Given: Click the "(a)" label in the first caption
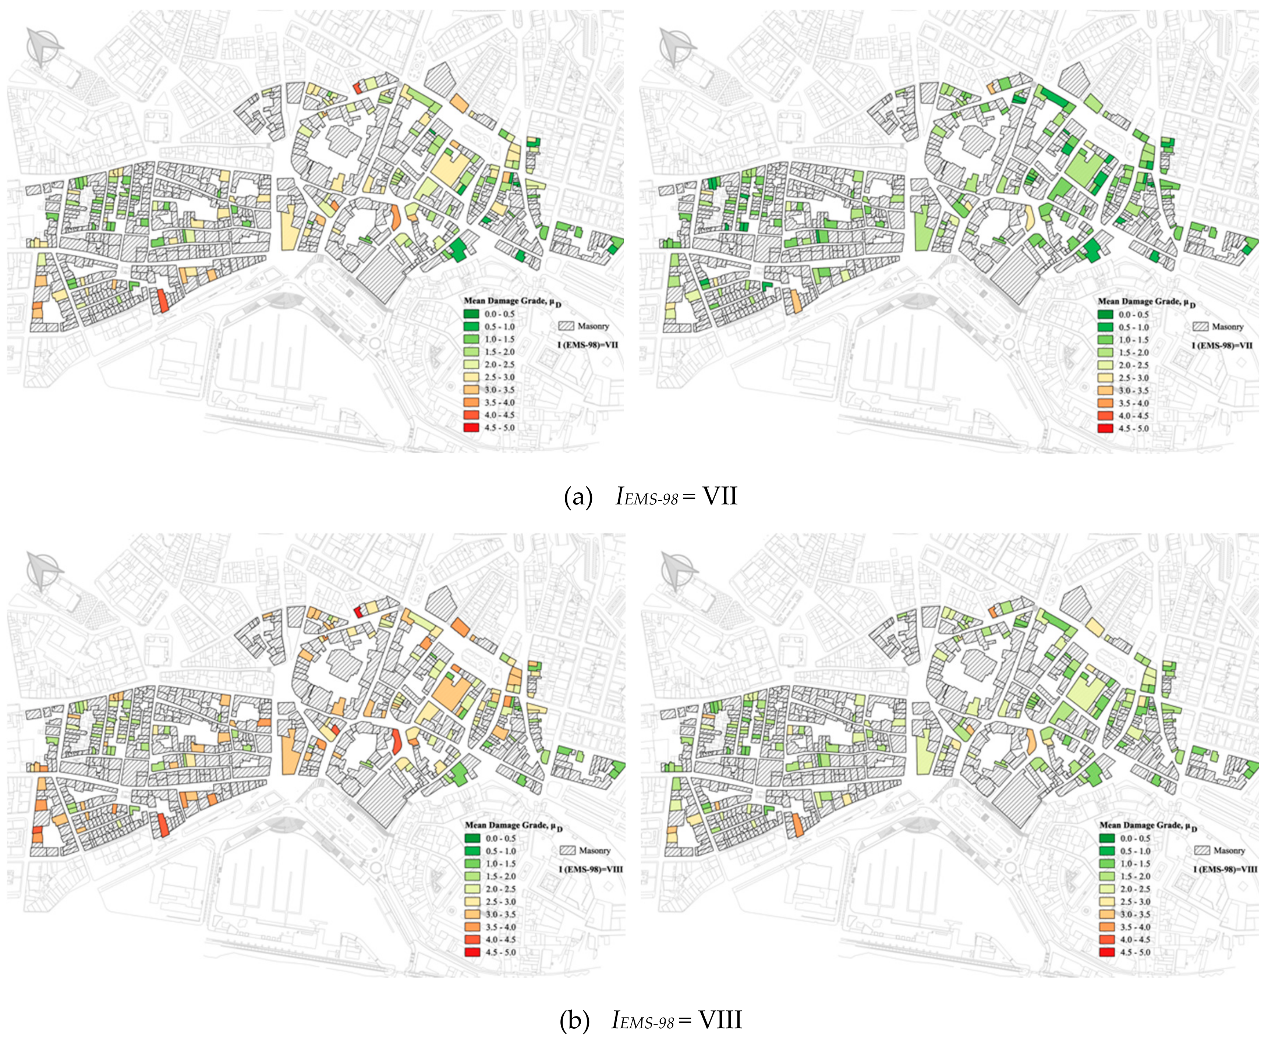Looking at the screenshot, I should (578, 497).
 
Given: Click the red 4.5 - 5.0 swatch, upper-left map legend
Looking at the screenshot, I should (472, 428).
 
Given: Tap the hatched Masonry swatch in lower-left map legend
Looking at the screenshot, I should (568, 851).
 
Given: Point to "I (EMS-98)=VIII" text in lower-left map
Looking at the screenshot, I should (591, 869).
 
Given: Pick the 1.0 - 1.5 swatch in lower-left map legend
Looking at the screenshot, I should (473, 863).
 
